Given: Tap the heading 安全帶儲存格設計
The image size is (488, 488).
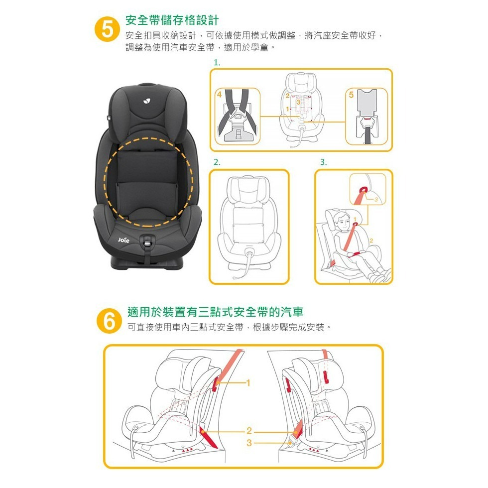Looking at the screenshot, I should [x=172, y=20].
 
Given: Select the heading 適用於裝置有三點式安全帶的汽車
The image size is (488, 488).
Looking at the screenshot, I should [x=215, y=312].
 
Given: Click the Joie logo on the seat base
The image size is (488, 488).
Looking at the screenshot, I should [x=123, y=240].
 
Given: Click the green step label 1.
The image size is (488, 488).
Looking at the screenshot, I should [x=216, y=63].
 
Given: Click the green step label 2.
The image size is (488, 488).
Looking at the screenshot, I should [x=216, y=162].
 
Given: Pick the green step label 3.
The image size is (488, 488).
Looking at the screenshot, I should [x=323, y=162].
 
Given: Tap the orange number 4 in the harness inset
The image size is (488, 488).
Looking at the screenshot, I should [x=219, y=94].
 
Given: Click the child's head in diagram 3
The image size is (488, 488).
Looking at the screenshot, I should [x=342, y=219].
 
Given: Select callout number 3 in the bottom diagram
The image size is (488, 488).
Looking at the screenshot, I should [x=248, y=442].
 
